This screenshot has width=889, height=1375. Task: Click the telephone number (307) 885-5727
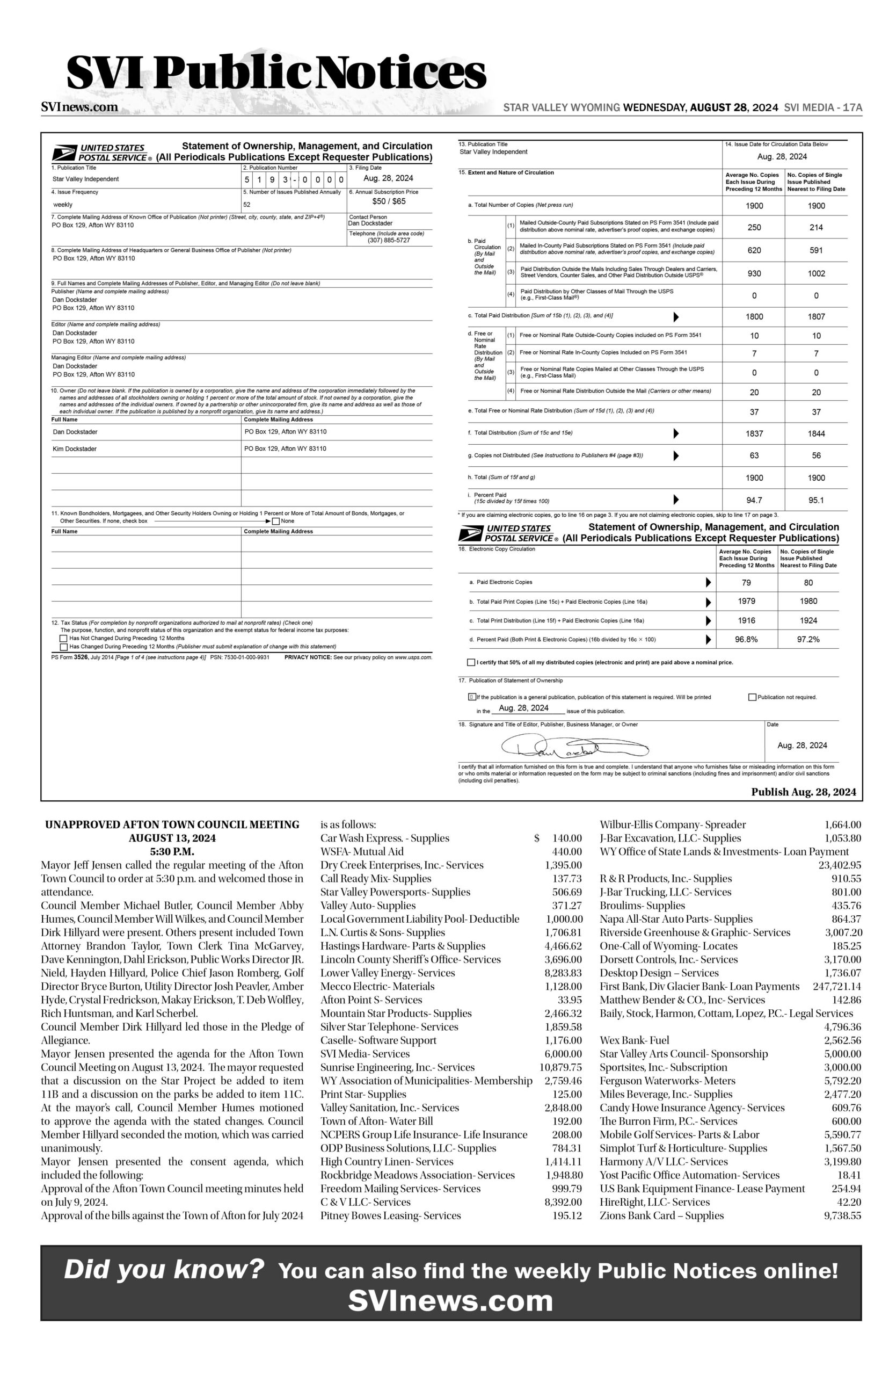point(389,240)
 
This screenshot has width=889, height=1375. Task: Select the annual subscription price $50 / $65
point(389,201)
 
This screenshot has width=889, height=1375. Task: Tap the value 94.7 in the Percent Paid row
point(754,500)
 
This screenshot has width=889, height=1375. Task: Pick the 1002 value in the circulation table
point(815,274)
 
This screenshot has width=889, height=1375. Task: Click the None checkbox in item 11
point(276,521)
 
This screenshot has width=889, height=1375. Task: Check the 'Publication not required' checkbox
point(752,697)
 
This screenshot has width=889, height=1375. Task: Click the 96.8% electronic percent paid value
point(746,639)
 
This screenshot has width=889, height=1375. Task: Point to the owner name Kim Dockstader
point(75,448)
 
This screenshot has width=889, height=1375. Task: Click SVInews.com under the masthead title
point(79,107)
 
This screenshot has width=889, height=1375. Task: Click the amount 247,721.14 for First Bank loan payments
point(836,986)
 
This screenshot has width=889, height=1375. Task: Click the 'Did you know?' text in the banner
point(164,1270)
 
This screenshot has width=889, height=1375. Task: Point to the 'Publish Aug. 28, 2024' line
point(803,792)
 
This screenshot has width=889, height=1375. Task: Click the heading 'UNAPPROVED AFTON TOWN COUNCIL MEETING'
point(172,824)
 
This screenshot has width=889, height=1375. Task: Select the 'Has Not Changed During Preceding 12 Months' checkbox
point(63,639)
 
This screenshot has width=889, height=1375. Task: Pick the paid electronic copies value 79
point(746,583)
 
